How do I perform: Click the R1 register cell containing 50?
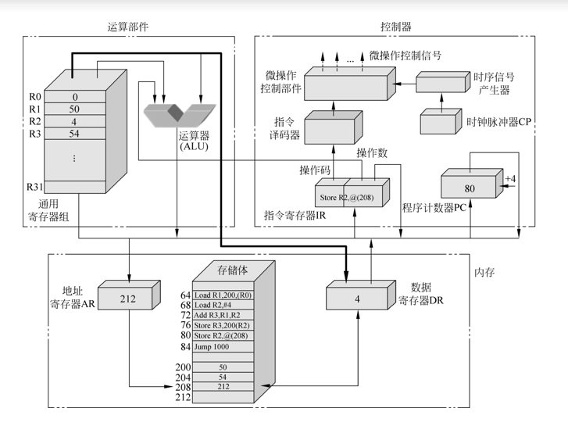(75, 109)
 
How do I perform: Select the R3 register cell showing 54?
(75, 134)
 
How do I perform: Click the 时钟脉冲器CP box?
(438, 123)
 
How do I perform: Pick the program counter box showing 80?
(470, 188)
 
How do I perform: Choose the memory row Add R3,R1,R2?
(221, 314)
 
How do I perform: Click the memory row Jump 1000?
(221, 346)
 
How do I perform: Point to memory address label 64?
(185, 295)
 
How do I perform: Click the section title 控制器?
(395, 27)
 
